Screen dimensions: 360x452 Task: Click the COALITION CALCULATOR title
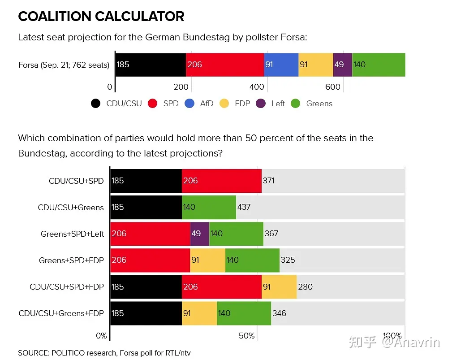[x=101, y=17]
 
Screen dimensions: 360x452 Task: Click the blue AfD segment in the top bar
[x=281, y=65]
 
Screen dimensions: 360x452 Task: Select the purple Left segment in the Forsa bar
[x=343, y=65]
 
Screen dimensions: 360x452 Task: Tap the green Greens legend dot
[x=296, y=104]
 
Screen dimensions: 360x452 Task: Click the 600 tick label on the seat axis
[x=333, y=87]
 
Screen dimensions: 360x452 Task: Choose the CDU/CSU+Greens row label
[x=71, y=208]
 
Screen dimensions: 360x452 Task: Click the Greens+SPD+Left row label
[x=72, y=234]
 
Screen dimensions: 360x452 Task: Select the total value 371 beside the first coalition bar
[x=269, y=181]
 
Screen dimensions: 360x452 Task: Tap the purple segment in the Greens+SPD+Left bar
[x=200, y=234]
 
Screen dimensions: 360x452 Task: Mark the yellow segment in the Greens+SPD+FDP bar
[x=207, y=260]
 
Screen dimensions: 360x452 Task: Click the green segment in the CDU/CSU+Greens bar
[x=209, y=207]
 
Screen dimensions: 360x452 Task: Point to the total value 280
[x=305, y=286]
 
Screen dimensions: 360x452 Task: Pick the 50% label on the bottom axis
[x=246, y=336]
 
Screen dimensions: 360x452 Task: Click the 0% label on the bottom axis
[x=101, y=336]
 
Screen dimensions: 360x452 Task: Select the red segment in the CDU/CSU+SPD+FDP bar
[x=221, y=286]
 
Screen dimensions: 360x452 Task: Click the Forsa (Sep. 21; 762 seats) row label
[x=64, y=65]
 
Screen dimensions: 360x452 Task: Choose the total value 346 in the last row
[x=279, y=313]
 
